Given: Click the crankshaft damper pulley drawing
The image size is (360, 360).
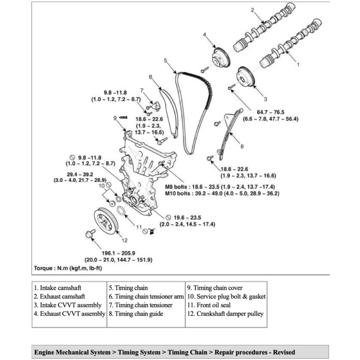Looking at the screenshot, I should [106, 221].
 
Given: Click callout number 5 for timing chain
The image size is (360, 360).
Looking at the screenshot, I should [166, 60].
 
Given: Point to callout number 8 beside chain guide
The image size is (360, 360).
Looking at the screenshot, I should [242, 146].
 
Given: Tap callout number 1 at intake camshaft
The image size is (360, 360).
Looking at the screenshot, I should [298, 65].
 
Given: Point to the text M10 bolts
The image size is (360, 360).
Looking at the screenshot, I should [178, 193].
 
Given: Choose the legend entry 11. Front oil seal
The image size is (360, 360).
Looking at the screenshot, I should [210, 305].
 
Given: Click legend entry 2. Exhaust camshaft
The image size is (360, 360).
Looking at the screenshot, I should [59, 296].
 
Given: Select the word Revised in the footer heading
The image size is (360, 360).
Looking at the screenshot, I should [284, 352].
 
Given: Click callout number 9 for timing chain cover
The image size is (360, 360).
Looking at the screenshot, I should [115, 118].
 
